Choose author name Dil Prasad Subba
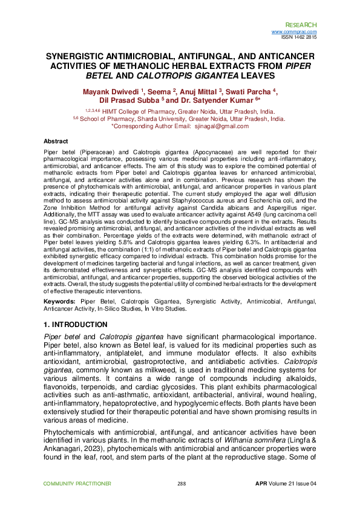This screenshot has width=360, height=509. pyautogui.click(x=133, y=101)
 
